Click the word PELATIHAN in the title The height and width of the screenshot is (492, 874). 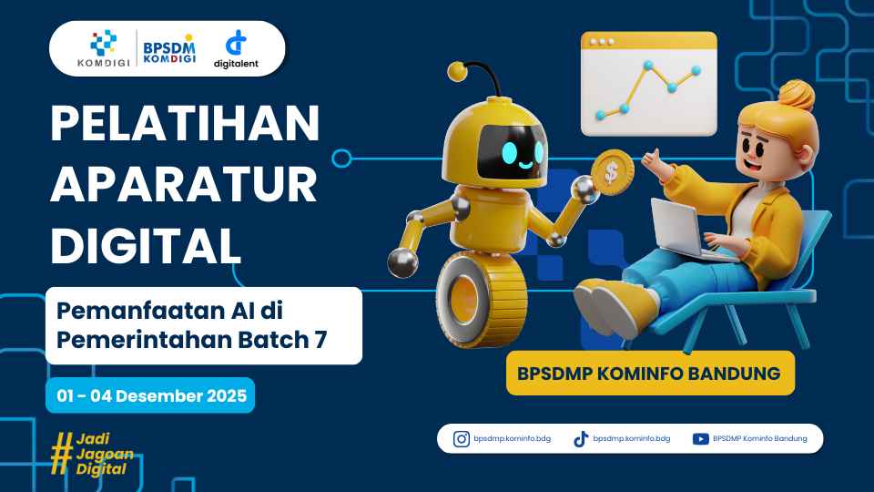click(x=186, y=125)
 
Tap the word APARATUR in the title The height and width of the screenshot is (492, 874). click(x=184, y=186)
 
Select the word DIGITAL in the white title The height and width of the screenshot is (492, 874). click(x=146, y=246)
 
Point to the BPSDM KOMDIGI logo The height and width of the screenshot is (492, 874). click(x=168, y=48)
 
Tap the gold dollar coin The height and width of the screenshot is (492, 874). click(x=611, y=170)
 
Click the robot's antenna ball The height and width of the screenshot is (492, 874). click(x=457, y=70)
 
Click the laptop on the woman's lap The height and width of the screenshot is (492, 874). click(x=679, y=228)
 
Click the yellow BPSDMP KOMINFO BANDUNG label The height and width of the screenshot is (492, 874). click(x=649, y=373)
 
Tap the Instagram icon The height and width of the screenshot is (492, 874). click(x=462, y=438)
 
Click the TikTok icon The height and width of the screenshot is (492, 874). click(x=581, y=438)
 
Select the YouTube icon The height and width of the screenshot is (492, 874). click(x=701, y=438)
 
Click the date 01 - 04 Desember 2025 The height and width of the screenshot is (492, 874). click(x=150, y=395)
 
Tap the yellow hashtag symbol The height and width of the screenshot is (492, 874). click(x=61, y=453)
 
